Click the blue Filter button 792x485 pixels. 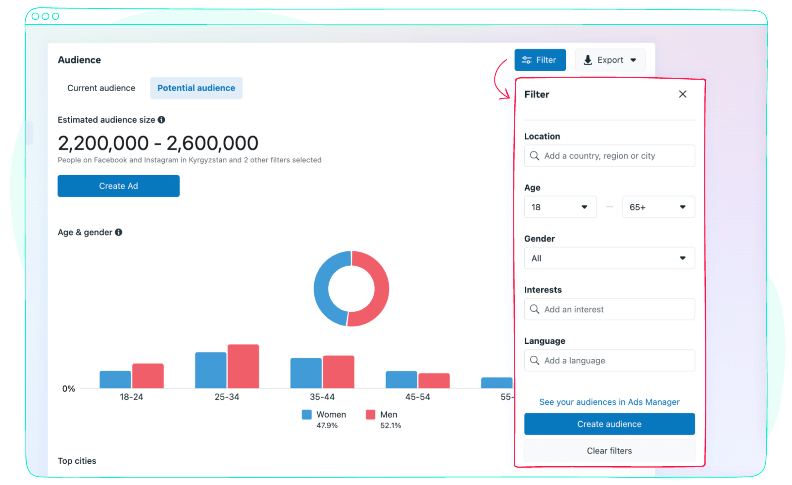coord(540,60)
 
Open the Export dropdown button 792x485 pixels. coord(610,60)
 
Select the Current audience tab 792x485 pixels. coord(101,88)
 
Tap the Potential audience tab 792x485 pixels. coord(196,88)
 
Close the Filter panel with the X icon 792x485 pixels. coord(683,94)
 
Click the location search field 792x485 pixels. coord(609,156)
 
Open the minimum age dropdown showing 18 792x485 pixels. coord(560,207)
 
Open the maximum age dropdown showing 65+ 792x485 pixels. coord(658,207)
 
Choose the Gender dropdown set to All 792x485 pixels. coord(609,258)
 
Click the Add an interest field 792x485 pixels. coord(609,309)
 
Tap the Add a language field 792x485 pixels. coord(609,360)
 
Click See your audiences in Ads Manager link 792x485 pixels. coord(609,402)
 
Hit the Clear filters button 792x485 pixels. coord(609,451)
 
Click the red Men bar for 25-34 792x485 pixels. coord(243,366)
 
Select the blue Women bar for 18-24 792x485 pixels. coord(115,380)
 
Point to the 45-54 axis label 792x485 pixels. coord(417,397)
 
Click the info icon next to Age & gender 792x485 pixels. coord(119,232)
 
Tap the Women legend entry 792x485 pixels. coord(324,415)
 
